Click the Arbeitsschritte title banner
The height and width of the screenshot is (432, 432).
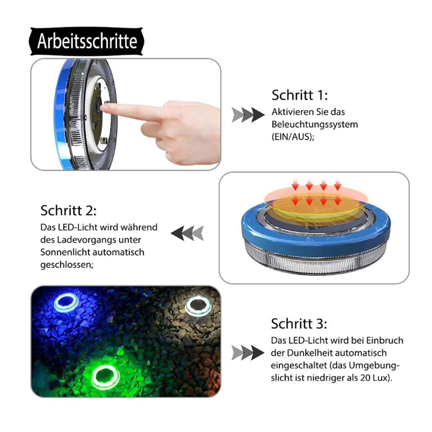tap(86, 41)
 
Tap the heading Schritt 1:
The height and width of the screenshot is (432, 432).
tap(300, 95)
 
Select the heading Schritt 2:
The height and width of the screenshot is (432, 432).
tap(68, 210)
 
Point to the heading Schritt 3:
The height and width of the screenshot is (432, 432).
tap(299, 324)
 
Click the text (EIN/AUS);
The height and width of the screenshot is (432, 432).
tap(293, 137)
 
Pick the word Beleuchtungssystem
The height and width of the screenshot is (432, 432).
tap(315, 124)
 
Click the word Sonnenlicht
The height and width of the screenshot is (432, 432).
tap(66, 252)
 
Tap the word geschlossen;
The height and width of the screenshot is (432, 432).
tap(67, 265)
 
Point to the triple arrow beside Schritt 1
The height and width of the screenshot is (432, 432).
tap(248, 115)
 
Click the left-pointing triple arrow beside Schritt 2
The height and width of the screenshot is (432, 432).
tap(187, 233)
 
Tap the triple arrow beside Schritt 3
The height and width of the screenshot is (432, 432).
tap(248, 353)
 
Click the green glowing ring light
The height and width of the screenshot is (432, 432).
tap(105, 377)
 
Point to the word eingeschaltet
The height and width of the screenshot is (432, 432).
tap(299, 366)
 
